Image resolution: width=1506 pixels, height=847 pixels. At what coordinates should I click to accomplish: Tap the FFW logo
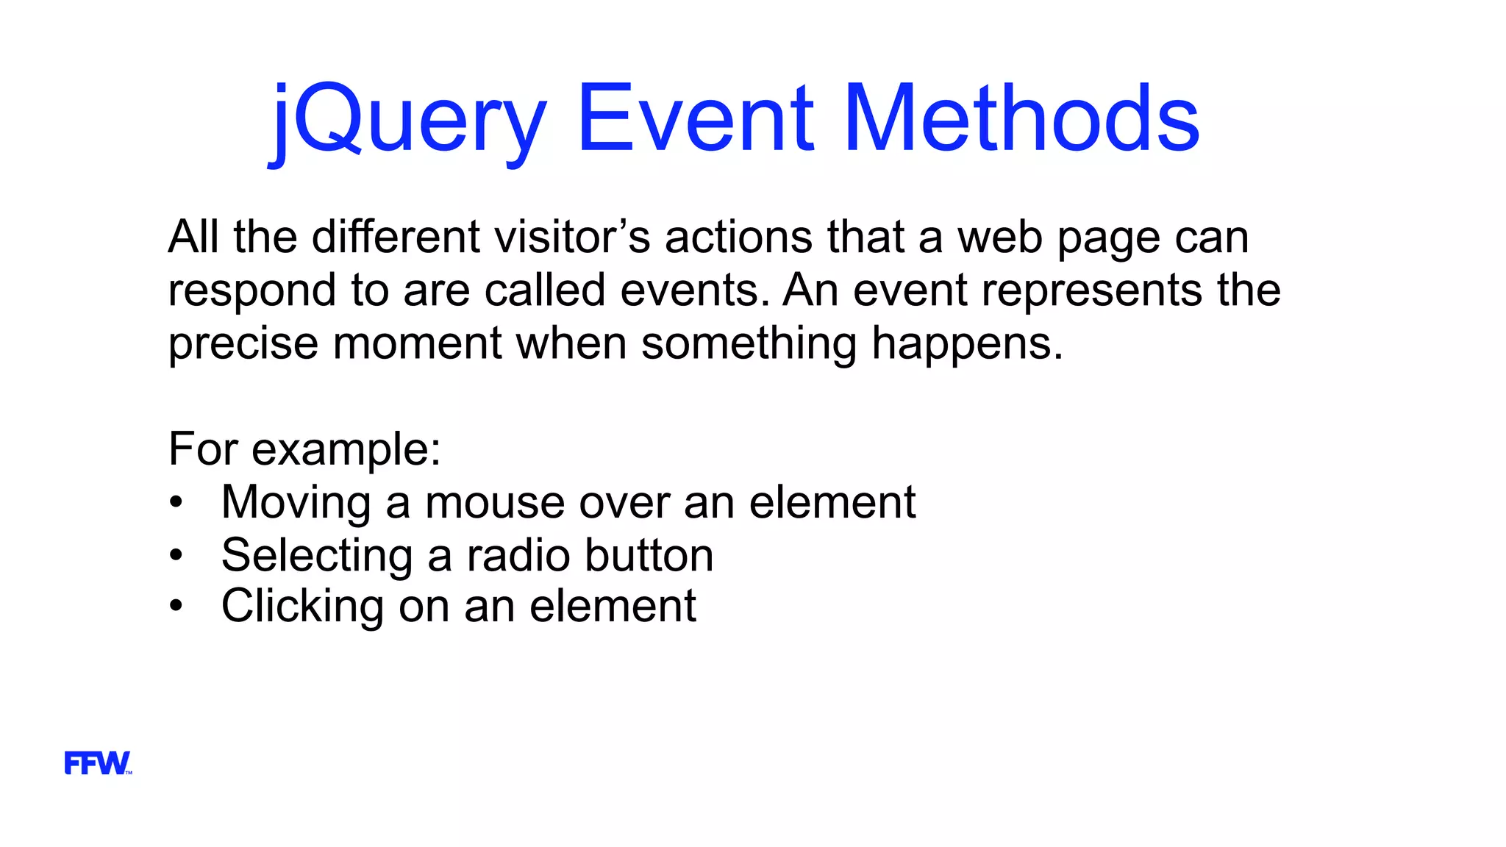[98, 763]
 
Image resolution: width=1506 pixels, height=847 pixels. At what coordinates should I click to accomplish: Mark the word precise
[243, 343]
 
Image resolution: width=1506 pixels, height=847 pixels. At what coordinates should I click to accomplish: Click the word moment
[417, 343]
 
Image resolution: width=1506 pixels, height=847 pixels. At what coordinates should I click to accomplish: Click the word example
[346, 450]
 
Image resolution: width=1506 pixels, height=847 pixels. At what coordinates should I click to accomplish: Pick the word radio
[518, 555]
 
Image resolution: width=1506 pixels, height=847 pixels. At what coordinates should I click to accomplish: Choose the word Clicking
[302, 607]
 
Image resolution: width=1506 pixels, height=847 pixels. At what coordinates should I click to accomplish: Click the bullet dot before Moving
[175, 503]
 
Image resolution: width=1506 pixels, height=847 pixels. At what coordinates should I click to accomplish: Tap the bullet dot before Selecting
[175, 555]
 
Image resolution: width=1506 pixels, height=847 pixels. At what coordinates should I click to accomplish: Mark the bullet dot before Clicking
[175, 607]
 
